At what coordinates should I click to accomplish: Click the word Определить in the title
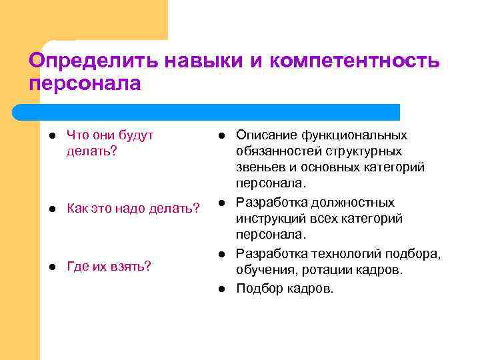point(87,61)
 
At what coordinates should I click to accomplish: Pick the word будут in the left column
point(137,135)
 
